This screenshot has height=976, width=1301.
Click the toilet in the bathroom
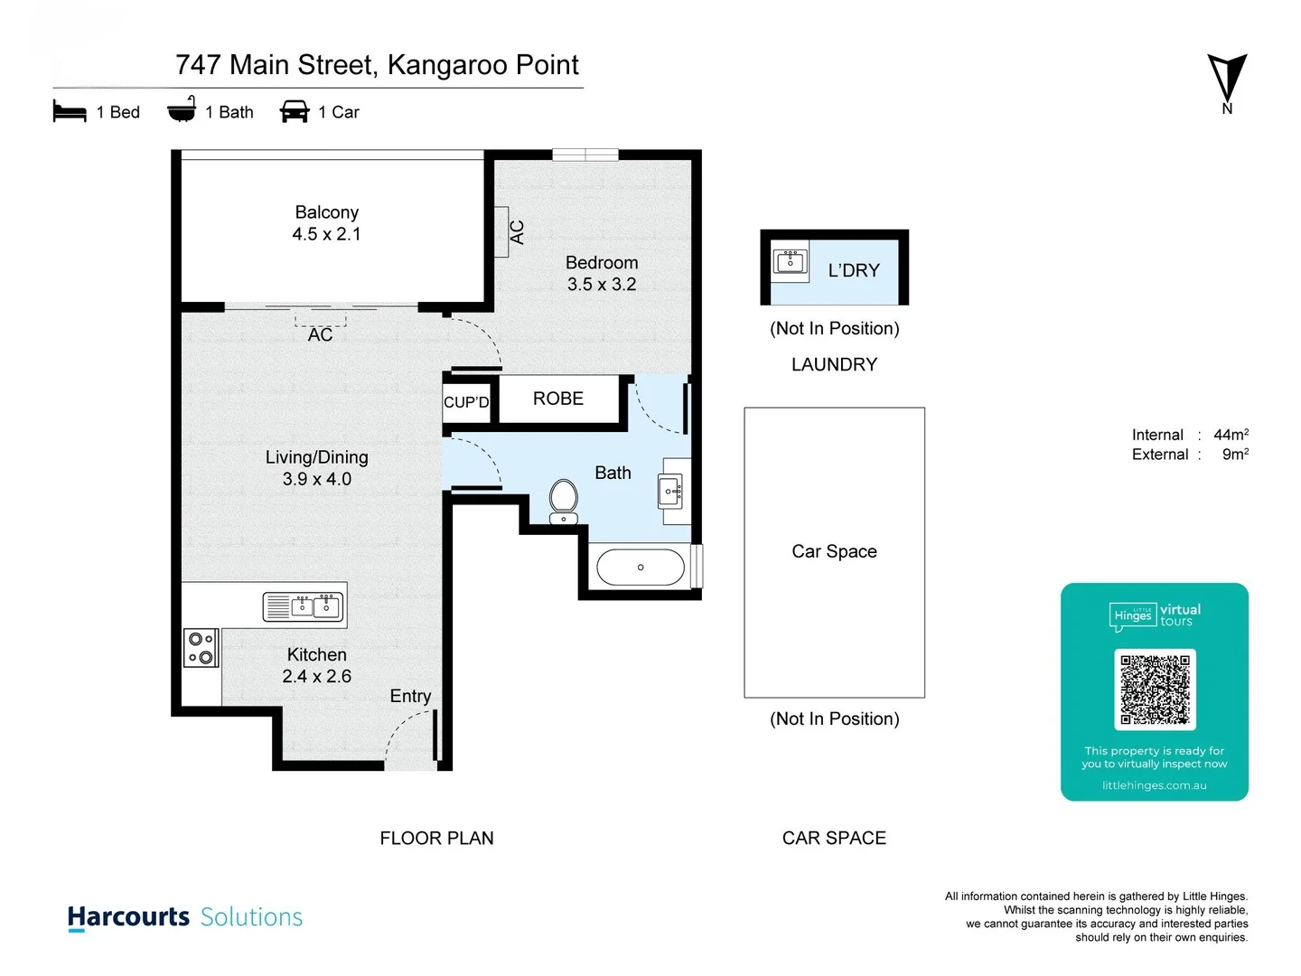tap(564, 501)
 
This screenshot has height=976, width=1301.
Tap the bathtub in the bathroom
tap(641, 568)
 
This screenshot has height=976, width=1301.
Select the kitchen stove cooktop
tap(201, 648)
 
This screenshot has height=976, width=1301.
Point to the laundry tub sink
tap(791, 261)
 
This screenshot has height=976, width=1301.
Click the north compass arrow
tap(1227, 80)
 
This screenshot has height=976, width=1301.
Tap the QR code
tap(1155, 690)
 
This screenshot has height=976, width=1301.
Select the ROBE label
tap(557, 399)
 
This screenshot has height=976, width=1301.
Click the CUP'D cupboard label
tap(466, 402)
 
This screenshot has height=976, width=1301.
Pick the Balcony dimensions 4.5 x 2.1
tap(326, 234)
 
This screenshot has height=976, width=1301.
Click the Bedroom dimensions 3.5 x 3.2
tap(602, 285)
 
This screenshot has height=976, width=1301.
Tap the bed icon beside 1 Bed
tap(70, 112)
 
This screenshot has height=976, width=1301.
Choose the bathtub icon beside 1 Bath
tap(182, 110)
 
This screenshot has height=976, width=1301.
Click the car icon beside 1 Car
tap(295, 112)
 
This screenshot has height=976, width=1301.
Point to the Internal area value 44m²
tap(1231, 435)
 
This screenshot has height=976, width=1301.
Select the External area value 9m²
tap(1235, 455)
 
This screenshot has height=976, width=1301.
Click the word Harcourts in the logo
tap(128, 917)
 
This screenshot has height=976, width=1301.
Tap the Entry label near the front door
tap(410, 696)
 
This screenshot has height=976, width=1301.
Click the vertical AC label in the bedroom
tap(517, 232)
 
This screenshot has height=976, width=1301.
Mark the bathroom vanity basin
tap(671, 491)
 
